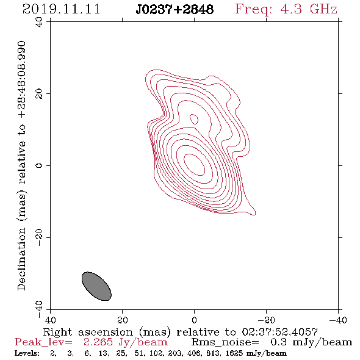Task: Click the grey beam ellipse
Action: coord(96,286)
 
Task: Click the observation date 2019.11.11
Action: coord(62,9)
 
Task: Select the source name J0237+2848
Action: coord(175,9)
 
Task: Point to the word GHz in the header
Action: coord(323,9)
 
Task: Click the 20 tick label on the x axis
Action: coord(123,320)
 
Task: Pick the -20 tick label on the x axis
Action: coord(266,320)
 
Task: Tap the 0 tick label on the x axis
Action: coord(195,320)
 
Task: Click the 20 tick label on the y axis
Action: coord(39,94)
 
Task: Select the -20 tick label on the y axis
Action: coord(39,237)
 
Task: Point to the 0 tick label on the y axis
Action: coord(39,165)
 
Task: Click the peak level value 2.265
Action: coord(98,342)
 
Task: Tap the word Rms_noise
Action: coord(225,342)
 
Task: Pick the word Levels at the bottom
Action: coord(26,353)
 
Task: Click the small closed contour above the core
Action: coord(194,119)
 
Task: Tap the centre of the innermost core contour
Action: coord(194,165)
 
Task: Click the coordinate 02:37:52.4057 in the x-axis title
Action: coord(280,332)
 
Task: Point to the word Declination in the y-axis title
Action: coord(21,259)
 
